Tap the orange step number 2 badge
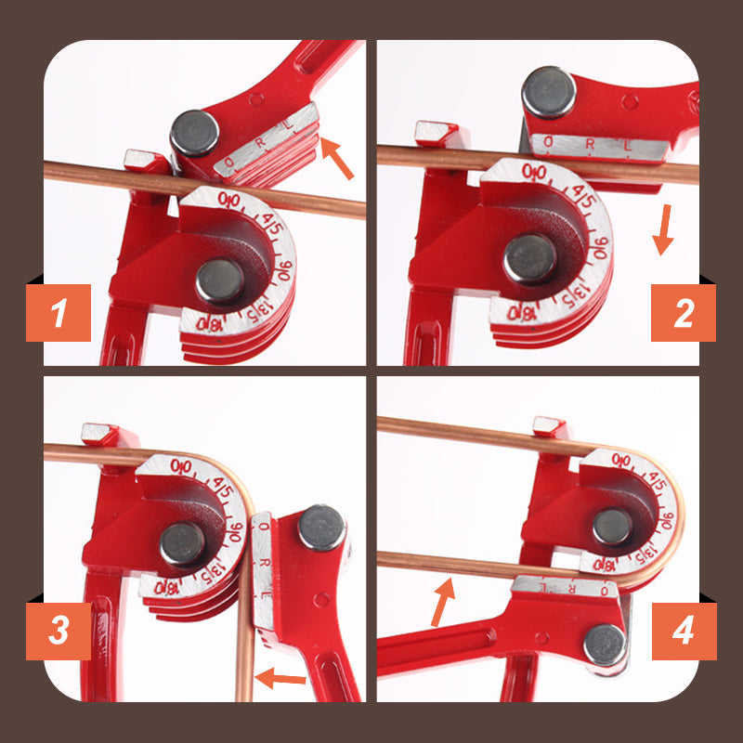[x=683, y=312]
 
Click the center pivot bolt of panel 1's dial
[x=220, y=280]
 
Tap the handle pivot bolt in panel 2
[x=549, y=92]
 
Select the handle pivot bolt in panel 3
[x=321, y=528]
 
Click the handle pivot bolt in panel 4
[x=605, y=644]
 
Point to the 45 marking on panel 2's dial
[x=583, y=196]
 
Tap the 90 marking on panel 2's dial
[x=600, y=249]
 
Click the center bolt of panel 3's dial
[x=181, y=543]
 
